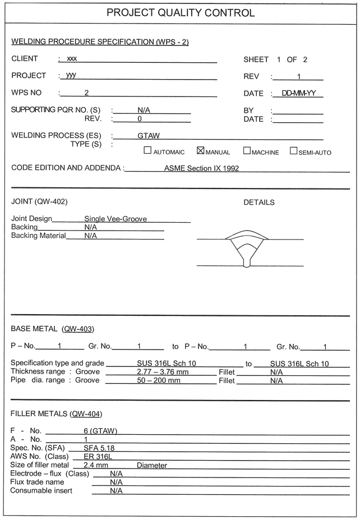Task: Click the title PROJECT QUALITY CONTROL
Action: click(x=180, y=13)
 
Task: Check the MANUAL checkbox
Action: click(x=201, y=150)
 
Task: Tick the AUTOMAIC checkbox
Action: click(x=147, y=150)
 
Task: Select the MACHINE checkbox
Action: click(x=247, y=150)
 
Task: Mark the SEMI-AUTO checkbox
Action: click(x=293, y=150)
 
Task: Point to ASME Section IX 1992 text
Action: click(x=201, y=168)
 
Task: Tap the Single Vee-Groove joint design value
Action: click(x=116, y=219)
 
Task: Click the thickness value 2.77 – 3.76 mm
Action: click(x=160, y=371)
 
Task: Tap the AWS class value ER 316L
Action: click(x=95, y=456)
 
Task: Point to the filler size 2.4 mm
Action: click(x=95, y=465)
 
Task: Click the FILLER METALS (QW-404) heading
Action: click(x=56, y=414)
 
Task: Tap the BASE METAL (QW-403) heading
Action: click(x=52, y=329)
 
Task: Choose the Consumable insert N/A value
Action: click(x=116, y=491)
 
